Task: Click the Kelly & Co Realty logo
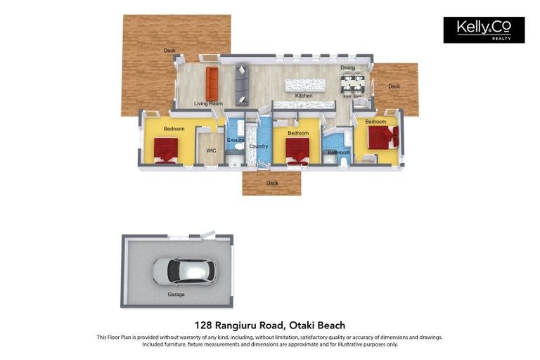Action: click(x=483, y=30)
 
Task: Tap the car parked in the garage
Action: click(x=184, y=271)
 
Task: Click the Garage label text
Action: click(x=176, y=295)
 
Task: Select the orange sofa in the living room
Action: click(x=212, y=84)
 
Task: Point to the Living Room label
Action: click(x=208, y=103)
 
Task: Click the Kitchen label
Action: click(x=303, y=96)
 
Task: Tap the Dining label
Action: click(x=347, y=67)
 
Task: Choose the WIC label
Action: click(x=210, y=150)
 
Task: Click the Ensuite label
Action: click(x=236, y=141)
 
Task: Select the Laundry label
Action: click(x=259, y=146)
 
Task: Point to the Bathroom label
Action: click(x=338, y=152)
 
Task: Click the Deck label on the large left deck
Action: click(x=169, y=51)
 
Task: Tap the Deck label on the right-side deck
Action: click(x=394, y=86)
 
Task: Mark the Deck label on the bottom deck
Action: click(x=272, y=184)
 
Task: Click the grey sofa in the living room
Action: click(x=241, y=84)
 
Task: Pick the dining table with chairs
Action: click(x=352, y=84)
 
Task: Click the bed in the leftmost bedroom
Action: click(x=166, y=149)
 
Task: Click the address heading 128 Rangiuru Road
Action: click(x=270, y=325)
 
